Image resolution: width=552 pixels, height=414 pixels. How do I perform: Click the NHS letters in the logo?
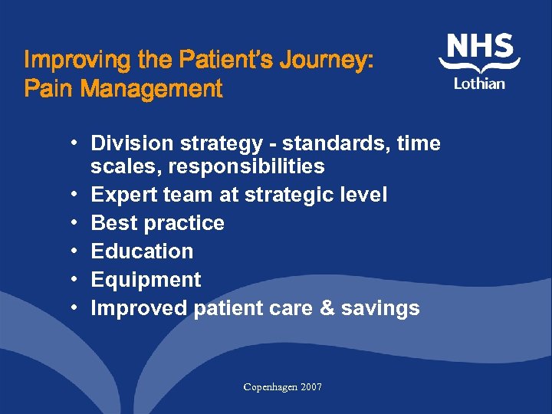(480, 47)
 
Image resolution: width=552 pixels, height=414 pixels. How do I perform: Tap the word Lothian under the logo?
(479, 83)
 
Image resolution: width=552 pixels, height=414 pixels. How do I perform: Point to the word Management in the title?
(151, 90)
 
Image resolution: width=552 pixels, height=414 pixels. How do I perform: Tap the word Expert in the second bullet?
(124, 195)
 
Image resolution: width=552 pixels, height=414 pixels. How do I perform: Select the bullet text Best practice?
(157, 223)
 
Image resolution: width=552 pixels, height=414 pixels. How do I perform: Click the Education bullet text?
(142, 251)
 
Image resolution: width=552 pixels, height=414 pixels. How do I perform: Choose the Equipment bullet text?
(146, 280)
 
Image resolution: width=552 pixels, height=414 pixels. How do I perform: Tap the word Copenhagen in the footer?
(270, 387)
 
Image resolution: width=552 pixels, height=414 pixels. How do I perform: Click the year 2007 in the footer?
(311, 387)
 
